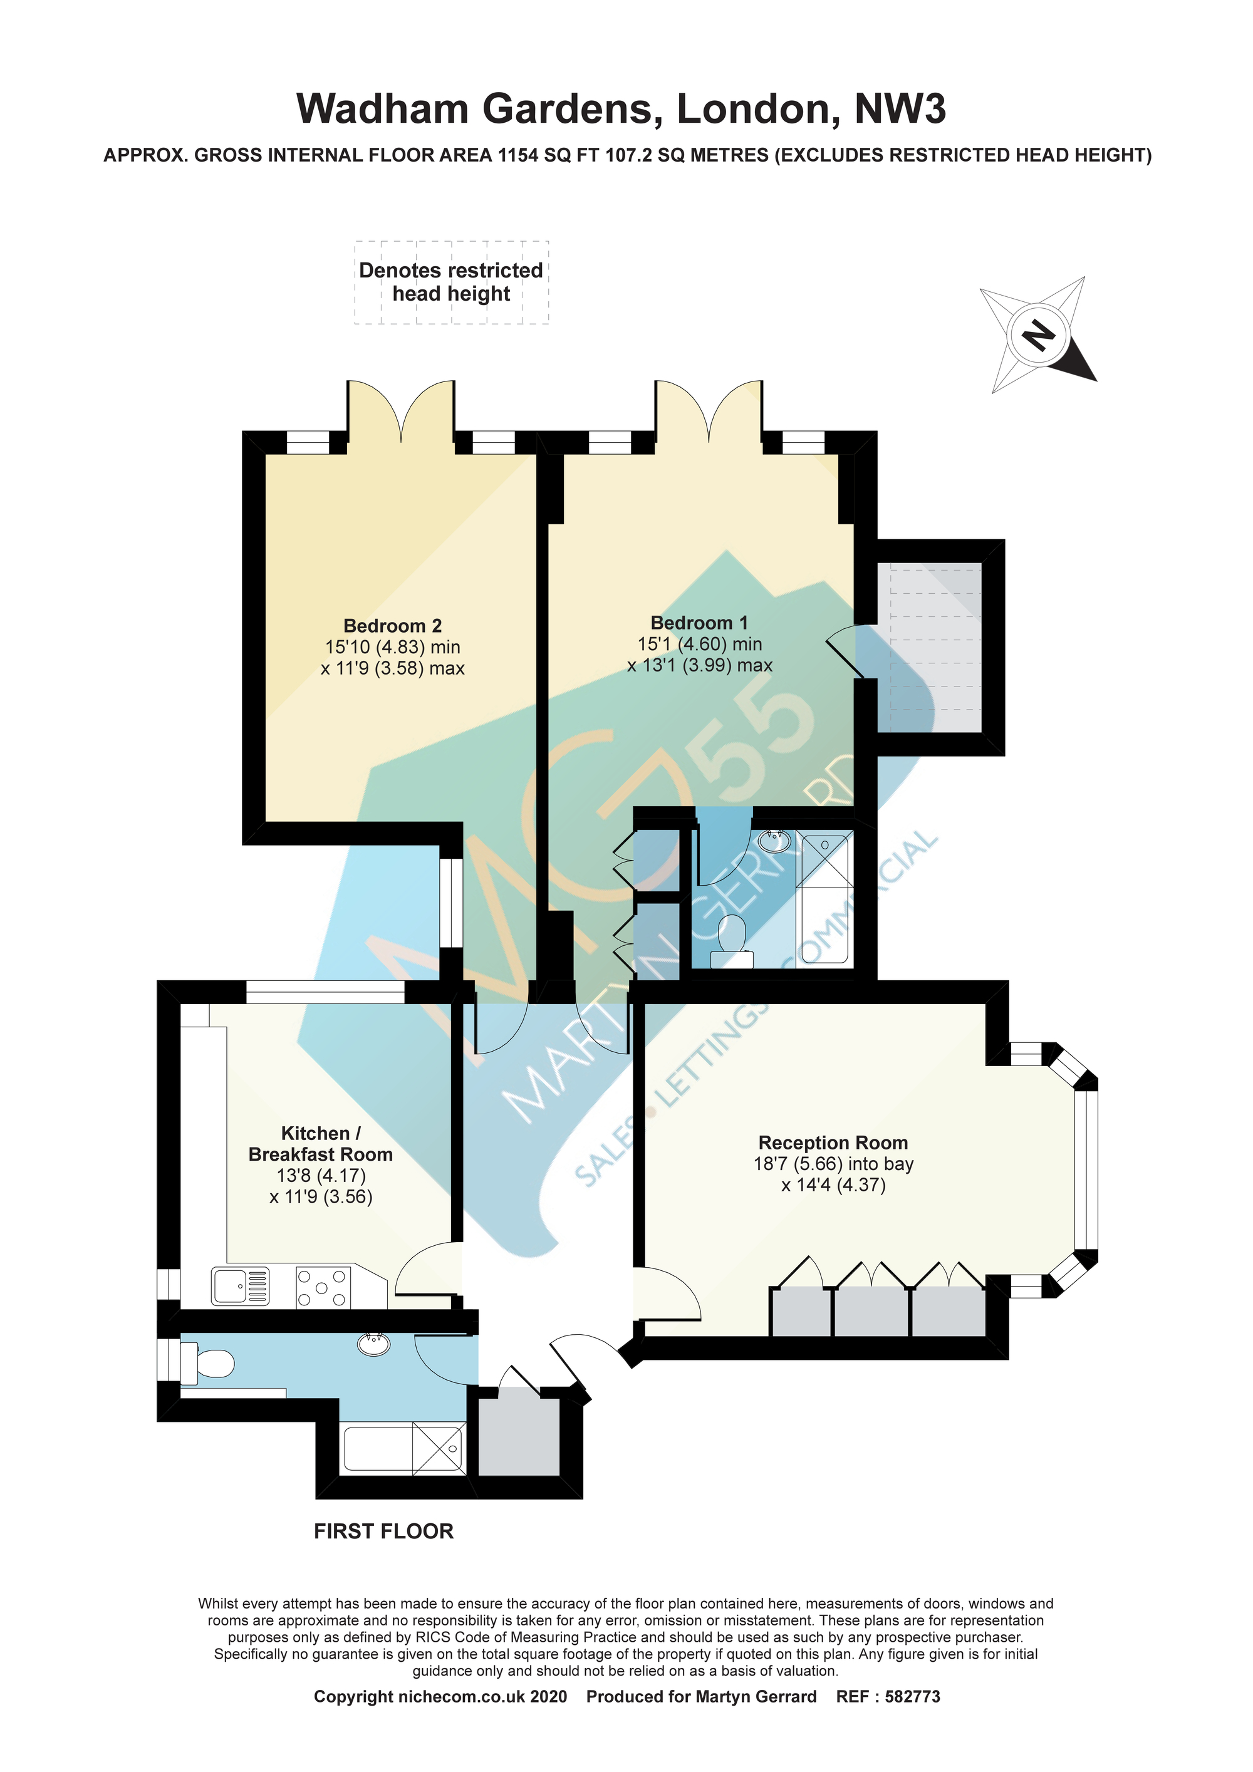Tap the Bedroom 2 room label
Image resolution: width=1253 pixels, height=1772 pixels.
(x=392, y=626)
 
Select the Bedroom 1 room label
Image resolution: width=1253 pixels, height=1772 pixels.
(x=699, y=623)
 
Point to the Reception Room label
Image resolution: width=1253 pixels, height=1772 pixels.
(x=833, y=1142)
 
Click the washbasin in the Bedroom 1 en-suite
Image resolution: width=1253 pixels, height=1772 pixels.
(x=774, y=841)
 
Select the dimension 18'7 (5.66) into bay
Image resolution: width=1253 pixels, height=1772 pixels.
(x=834, y=1164)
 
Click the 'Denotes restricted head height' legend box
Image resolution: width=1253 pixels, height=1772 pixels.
(x=452, y=282)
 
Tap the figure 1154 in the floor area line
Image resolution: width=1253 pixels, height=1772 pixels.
(x=519, y=155)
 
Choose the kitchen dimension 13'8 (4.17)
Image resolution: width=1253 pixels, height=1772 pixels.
(x=321, y=1176)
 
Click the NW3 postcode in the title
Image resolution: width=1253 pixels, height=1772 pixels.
(x=900, y=109)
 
